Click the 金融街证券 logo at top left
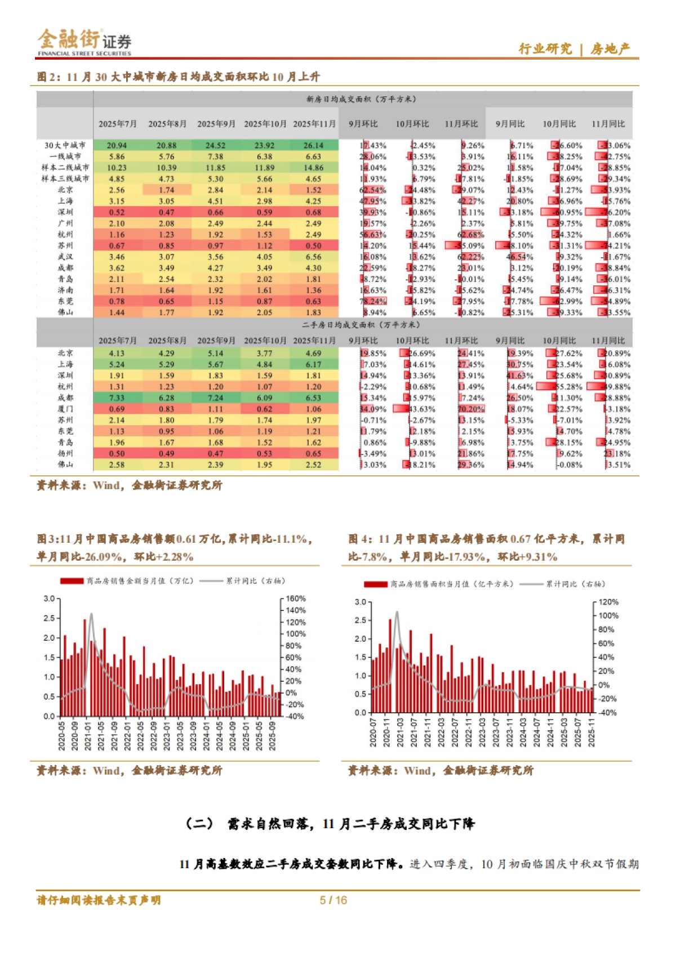pyautogui.click(x=84, y=42)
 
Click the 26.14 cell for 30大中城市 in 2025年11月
pyautogui.click(x=313, y=145)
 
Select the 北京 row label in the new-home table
pyautogui.click(x=65, y=190)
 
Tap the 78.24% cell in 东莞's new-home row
pyautogui.click(x=372, y=301)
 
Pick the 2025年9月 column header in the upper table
pyautogui.click(x=216, y=124)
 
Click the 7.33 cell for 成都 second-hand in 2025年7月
pyautogui.click(x=117, y=398)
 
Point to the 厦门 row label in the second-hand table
pyautogui.click(x=65, y=409)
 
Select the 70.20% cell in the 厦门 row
pyautogui.click(x=471, y=409)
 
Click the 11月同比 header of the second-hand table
pyautogui.click(x=608, y=341)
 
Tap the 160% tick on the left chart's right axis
pyautogui.click(x=296, y=598)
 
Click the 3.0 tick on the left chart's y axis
pyautogui.click(x=49, y=598)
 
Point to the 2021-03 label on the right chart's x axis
pyautogui.click(x=400, y=732)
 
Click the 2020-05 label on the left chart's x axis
pyautogui.click(x=62, y=736)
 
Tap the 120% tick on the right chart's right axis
pyautogui.click(x=608, y=602)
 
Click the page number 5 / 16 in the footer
pyautogui.click(x=333, y=900)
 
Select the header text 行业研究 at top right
pyautogui.click(x=545, y=49)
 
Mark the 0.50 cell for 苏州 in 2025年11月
pyautogui.click(x=313, y=245)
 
